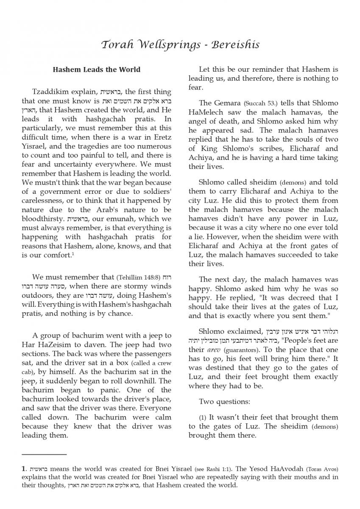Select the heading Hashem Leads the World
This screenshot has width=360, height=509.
[96, 69]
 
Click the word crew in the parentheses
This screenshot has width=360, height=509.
[163, 363]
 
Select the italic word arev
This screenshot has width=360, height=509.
[213, 350]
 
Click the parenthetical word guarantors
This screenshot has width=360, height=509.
[243, 350]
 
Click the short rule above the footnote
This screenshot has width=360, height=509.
[45, 455]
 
